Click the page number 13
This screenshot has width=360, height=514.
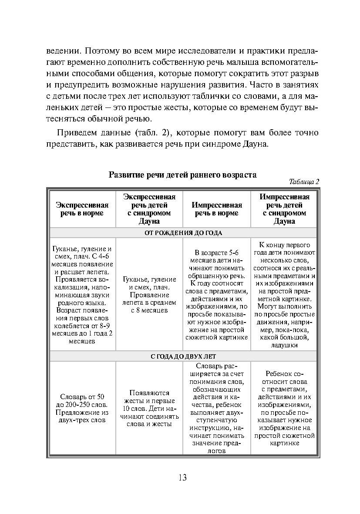click(x=182, y=477)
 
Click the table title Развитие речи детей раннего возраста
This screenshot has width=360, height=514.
click(x=182, y=175)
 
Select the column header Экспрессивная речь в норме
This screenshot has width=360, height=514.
click(x=82, y=209)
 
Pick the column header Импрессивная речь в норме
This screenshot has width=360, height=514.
click(x=216, y=209)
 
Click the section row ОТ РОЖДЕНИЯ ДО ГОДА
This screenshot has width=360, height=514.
click(x=183, y=233)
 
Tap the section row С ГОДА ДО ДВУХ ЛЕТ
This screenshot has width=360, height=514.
click(x=183, y=356)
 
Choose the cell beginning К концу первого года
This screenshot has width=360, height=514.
click(x=284, y=294)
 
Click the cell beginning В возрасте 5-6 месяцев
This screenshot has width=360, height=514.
click(x=216, y=294)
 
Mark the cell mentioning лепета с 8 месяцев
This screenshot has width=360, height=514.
click(x=149, y=294)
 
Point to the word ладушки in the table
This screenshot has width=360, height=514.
click(x=284, y=345)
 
